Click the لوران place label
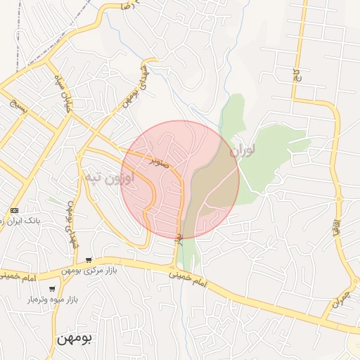pos(243,148)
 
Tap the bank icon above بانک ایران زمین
pos(15,210)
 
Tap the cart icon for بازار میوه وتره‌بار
pos(51,289)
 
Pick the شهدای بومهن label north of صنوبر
pos(136,86)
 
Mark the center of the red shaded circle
pos(180,180)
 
